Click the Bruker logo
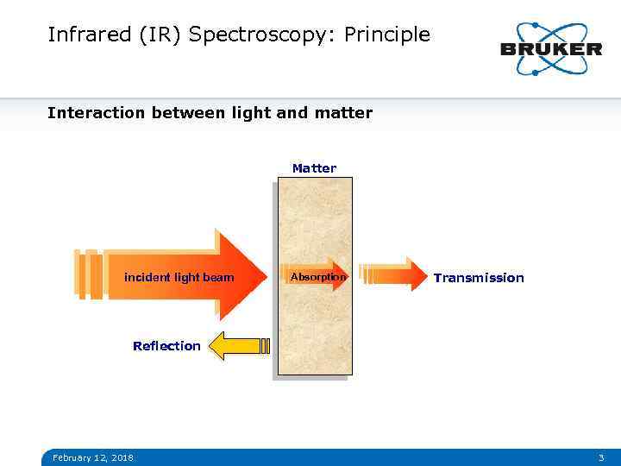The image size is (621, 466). click(x=550, y=48)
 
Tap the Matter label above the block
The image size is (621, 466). click(x=314, y=168)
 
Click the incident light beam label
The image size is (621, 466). click(x=179, y=277)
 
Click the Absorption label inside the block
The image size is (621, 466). click(x=317, y=277)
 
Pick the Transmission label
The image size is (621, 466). click(x=478, y=278)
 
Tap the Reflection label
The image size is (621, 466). click(x=166, y=346)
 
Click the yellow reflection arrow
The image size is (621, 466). click(x=238, y=346)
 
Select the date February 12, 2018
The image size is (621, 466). click(x=92, y=457)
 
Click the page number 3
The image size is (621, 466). click(x=601, y=457)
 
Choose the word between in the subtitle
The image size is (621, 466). click(x=185, y=113)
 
